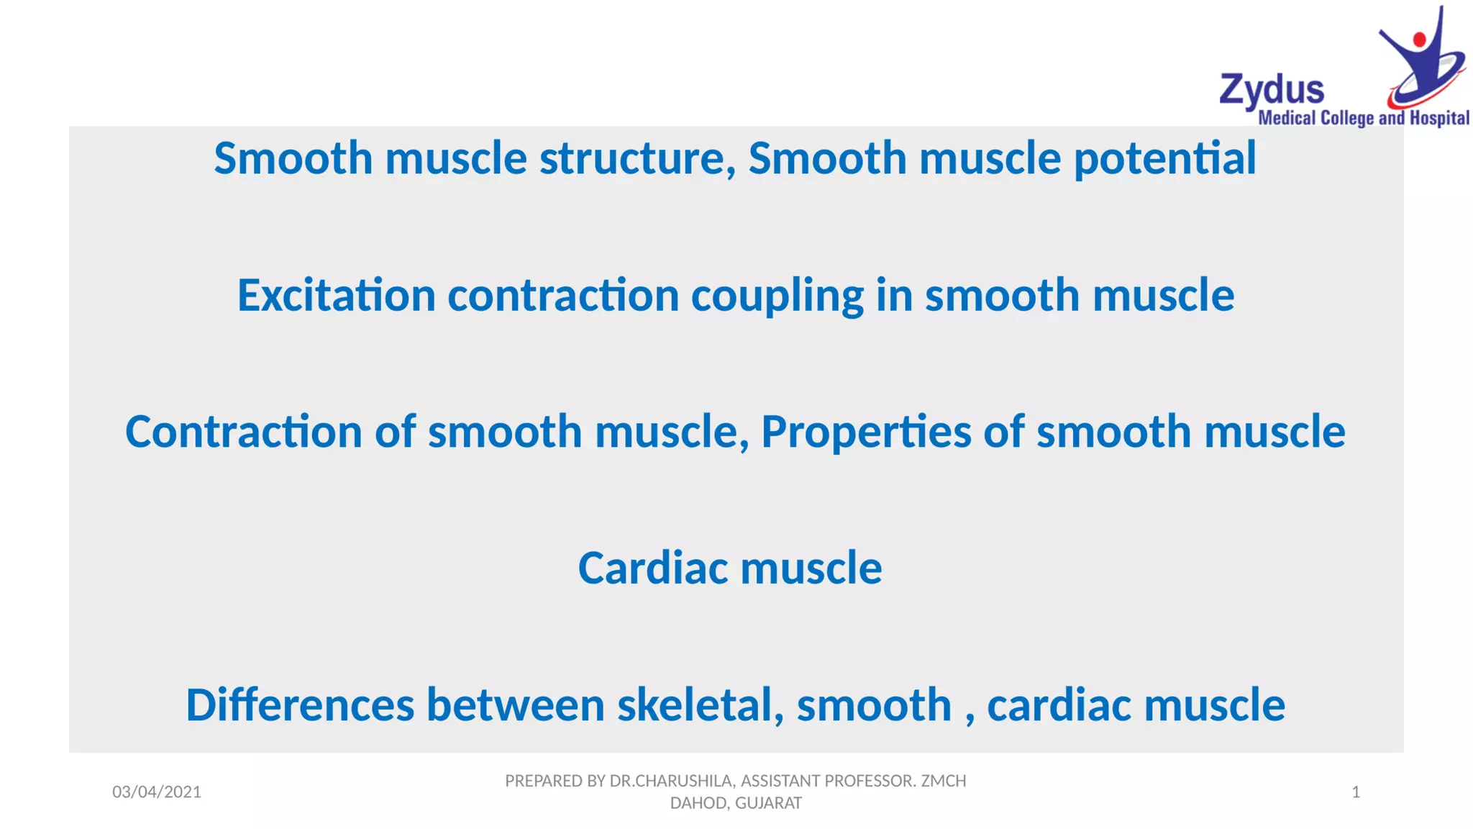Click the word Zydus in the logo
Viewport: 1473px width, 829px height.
click(1271, 91)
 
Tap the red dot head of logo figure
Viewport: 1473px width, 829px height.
click(1419, 40)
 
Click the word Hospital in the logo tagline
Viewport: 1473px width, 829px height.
click(1439, 119)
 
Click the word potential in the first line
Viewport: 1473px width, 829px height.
click(1164, 158)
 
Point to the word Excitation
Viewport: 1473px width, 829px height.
click(336, 296)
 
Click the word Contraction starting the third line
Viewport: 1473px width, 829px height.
click(243, 432)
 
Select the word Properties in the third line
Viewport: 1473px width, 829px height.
click(866, 432)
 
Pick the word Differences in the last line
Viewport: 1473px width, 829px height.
click(300, 705)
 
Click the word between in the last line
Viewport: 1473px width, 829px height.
click(515, 705)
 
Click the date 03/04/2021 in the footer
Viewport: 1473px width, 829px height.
click(157, 792)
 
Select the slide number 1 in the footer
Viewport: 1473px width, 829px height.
click(1356, 792)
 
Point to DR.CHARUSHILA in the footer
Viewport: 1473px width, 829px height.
click(671, 781)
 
